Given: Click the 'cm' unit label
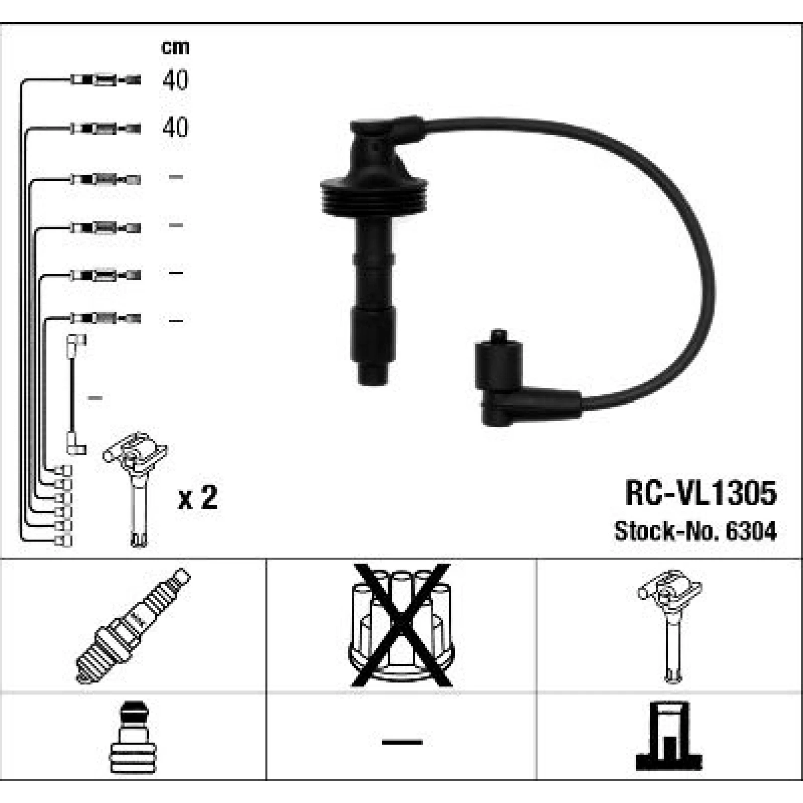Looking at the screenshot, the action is click(175, 47).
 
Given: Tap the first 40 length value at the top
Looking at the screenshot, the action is click(175, 80).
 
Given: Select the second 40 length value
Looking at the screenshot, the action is click(175, 127).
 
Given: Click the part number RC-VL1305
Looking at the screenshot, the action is click(701, 493).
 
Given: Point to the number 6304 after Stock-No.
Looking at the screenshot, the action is click(751, 531).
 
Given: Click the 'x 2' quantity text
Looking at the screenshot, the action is click(198, 498).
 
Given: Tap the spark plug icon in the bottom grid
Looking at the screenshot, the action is click(133, 625).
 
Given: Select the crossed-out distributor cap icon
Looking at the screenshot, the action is click(401, 625).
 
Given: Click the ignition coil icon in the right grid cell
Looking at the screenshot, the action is click(670, 625).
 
